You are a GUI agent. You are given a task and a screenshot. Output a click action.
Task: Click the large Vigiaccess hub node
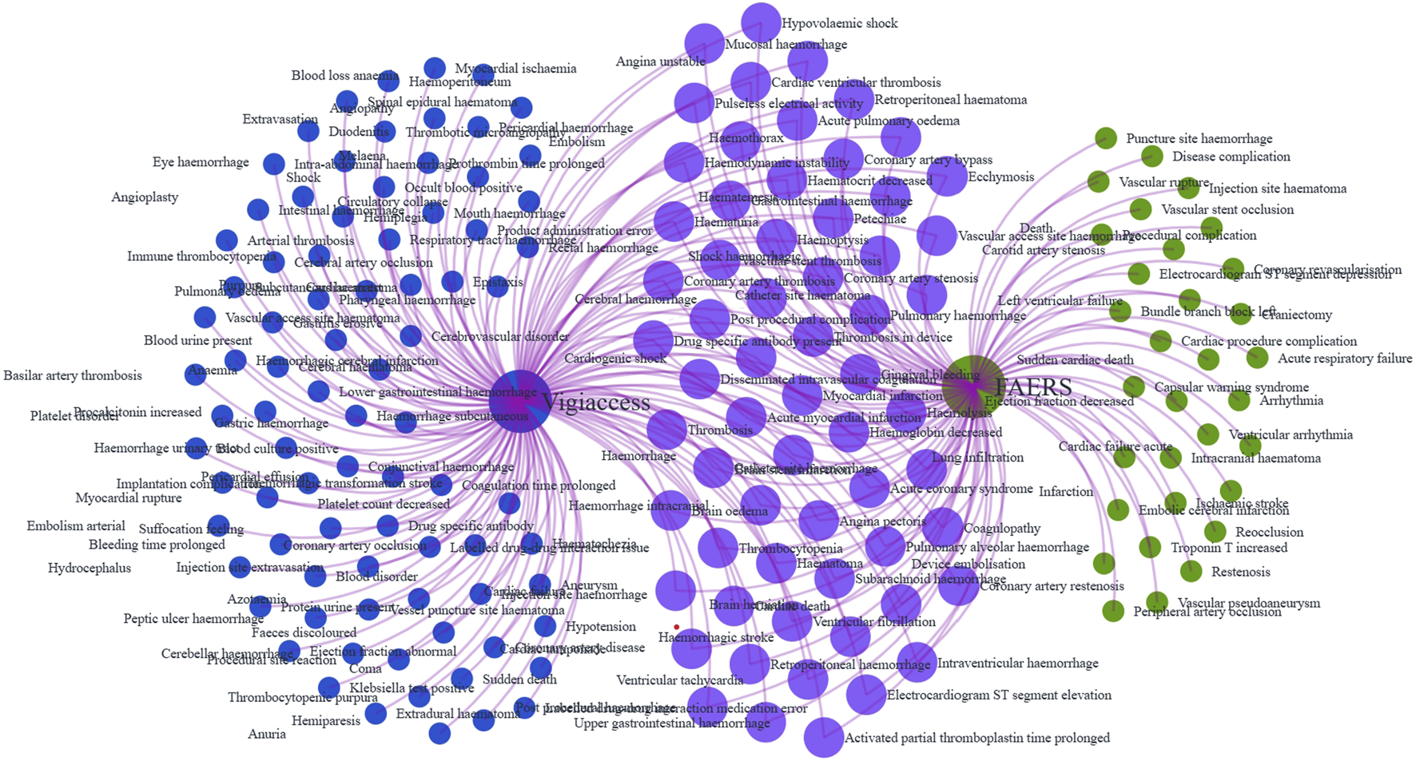[519, 401]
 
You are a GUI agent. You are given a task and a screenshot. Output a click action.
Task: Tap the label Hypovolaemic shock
[839, 23]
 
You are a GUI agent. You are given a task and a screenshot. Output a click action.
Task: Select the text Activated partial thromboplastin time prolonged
[976, 738]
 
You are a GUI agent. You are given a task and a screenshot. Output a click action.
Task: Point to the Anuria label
[266, 734]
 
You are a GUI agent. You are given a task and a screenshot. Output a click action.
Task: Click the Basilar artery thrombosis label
[73, 375]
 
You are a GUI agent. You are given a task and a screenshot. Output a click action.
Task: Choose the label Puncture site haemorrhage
[1199, 138]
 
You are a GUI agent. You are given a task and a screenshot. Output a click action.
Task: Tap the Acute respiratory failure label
[1344, 359]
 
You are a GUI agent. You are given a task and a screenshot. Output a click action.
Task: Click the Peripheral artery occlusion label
[1207, 612]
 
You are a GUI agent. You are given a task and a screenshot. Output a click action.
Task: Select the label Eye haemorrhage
[201, 162]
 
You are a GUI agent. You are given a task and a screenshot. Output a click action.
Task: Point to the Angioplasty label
[145, 197]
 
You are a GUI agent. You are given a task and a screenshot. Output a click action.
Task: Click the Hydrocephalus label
[89, 569]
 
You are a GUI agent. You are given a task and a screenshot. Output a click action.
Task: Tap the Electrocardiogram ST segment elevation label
[999, 695]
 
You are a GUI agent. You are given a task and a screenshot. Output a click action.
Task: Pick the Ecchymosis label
[1000, 176]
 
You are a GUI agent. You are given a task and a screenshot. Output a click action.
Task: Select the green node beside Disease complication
[1151, 156]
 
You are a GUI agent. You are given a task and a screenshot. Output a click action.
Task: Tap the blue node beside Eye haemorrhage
[274, 164]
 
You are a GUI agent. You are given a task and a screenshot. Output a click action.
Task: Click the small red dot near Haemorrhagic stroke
[677, 627]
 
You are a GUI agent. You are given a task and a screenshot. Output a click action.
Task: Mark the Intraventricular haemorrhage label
[1017, 663]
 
